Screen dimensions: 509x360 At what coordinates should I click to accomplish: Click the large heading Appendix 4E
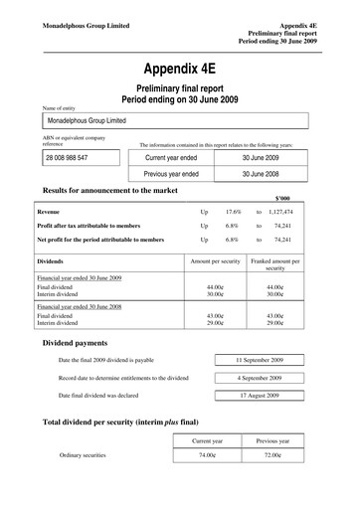pyautogui.click(x=181, y=70)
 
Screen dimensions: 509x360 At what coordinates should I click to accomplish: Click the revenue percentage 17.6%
pyautogui.click(x=235, y=212)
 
